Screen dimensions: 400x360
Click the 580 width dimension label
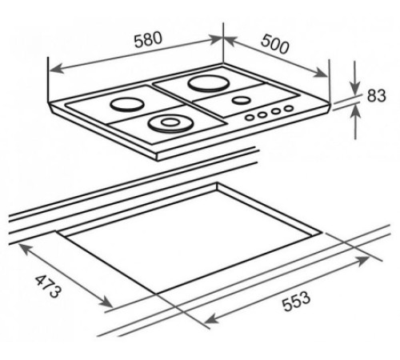148,40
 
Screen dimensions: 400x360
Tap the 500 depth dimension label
275,44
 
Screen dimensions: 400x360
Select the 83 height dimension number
376,95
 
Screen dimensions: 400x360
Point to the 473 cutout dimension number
48,286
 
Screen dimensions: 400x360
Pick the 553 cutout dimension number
297,302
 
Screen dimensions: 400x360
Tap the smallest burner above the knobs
242,100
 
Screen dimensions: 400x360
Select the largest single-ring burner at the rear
208,83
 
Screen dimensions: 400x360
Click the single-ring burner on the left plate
127,104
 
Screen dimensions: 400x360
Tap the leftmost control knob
250,118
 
